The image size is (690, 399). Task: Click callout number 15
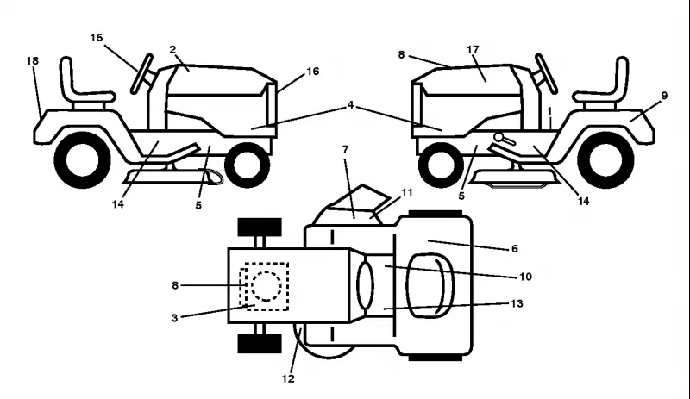click(x=97, y=38)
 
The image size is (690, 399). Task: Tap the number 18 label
click(x=32, y=60)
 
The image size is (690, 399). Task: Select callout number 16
click(x=312, y=72)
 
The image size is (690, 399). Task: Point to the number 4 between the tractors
click(x=350, y=105)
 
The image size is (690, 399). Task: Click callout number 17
click(x=473, y=50)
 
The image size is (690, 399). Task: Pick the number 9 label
click(x=664, y=96)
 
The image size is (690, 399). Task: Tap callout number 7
click(x=346, y=150)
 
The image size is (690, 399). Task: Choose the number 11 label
click(x=407, y=193)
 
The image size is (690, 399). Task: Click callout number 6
click(x=515, y=249)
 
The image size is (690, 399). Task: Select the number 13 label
click(x=517, y=303)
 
